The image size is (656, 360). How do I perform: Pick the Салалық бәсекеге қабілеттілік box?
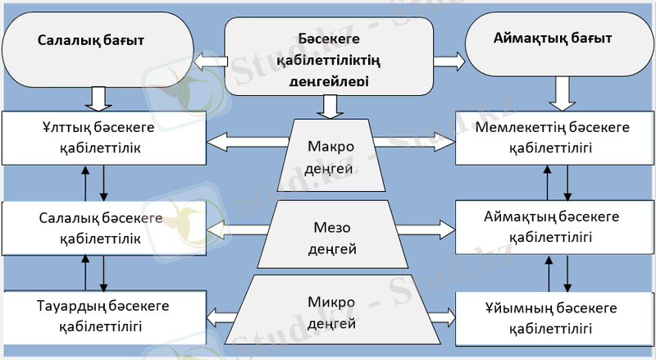(x=103, y=229)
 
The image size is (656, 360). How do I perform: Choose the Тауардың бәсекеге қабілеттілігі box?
(x=103, y=316)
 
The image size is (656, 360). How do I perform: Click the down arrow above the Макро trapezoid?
(x=328, y=105)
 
